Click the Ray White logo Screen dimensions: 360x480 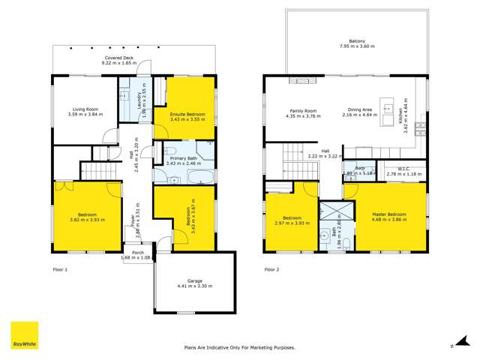tap(23, 336)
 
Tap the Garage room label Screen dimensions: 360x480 tap(194, 280)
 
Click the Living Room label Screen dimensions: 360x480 tap(84, 109)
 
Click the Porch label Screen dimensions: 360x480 tap(138, 253)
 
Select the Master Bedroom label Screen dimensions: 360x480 tap(390, 214)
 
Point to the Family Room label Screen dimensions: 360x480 tap(301, 110)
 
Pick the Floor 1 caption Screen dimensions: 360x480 tap(61, 268)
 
